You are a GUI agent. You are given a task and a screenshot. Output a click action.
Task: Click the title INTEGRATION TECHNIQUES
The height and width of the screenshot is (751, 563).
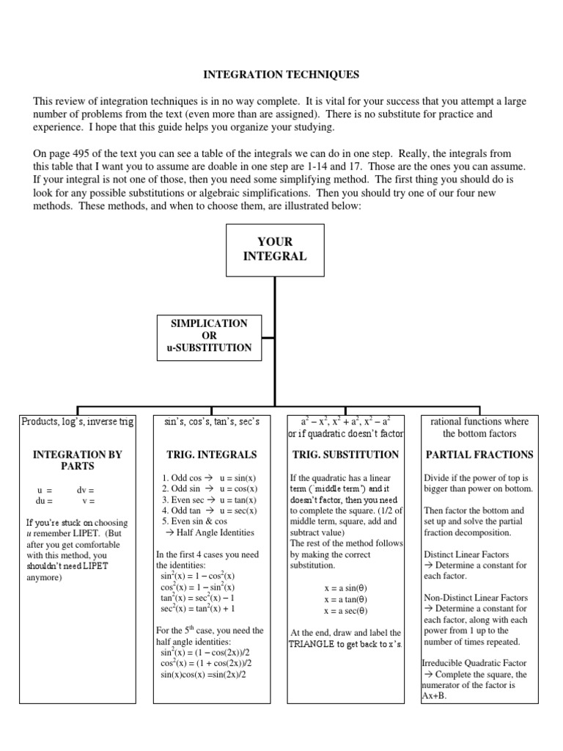point(281,74)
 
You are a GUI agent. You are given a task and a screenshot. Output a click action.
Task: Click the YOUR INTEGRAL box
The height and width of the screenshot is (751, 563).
point(275,249)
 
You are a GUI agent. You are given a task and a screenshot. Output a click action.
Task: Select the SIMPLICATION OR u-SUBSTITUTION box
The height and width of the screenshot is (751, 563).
point(209,335)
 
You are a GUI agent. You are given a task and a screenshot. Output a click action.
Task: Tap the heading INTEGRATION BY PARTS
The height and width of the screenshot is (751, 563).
point(77,460)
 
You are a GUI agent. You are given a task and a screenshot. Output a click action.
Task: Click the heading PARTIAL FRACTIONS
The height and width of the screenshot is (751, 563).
point(479,455)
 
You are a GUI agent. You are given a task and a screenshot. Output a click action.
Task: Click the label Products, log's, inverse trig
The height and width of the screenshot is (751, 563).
point(77,422)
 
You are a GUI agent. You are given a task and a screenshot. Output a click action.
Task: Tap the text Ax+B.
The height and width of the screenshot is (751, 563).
point(434,696)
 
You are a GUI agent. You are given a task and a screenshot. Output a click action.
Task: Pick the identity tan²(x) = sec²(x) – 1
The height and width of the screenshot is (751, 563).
point(197,598)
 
